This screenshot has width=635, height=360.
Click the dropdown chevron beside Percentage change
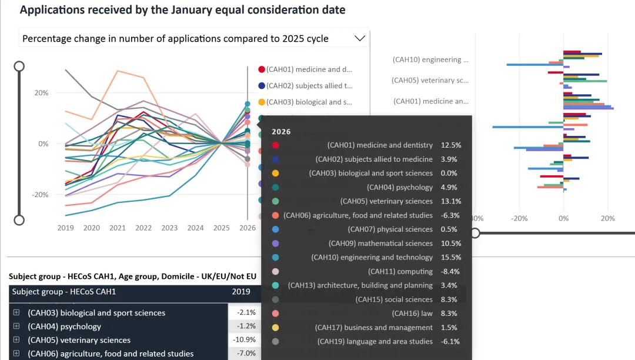[360, 38]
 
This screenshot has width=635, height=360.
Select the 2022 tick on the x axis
[143, 228]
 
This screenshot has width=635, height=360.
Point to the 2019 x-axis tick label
[65, 228]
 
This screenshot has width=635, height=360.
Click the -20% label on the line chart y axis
[41, 194]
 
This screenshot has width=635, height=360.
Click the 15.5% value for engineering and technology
[450, 257]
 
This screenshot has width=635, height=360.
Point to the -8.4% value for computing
[450, 271]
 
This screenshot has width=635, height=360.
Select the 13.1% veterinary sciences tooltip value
[450, 201]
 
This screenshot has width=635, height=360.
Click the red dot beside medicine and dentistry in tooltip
[276, 145]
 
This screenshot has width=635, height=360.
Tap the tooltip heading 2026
[281, 132]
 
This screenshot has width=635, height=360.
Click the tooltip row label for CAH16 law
[412, 314]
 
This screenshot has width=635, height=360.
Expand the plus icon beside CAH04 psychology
[16, 326]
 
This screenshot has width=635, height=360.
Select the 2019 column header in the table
[241, 291]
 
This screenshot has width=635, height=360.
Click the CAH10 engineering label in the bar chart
[430, 59]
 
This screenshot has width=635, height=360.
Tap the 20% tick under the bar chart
[607, 218]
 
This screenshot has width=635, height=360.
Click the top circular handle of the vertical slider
[19, 66]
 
